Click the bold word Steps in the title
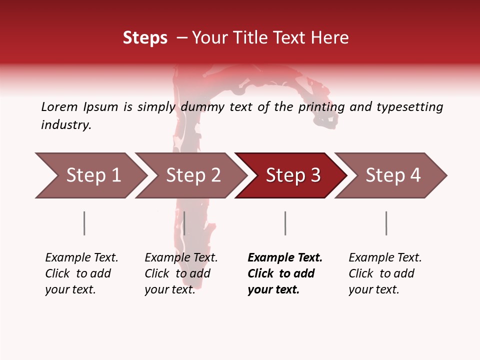pyautogui.click(x=145, y=38)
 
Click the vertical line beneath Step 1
pyautogui.click(x=84, y=223)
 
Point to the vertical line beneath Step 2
pyautogui.click(x=184, y=223)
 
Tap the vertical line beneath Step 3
pyautogui.click(x=285, y=223)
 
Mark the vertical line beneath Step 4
pyautogui.click(x=386, y=223)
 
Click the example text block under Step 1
pyautogui.click(x=81, y=273)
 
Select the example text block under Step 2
pyautogui.click(x=180, y=273)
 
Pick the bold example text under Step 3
pyautogui.click(x=284, y=273)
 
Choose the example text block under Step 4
pyautogui.click(x=384, y=273)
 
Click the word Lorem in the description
pyautogui.click(x=59, y=106)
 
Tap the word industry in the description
pyautogui.click(x=65, y=125)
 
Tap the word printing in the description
pyautogui.click(x=320, y=106)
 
